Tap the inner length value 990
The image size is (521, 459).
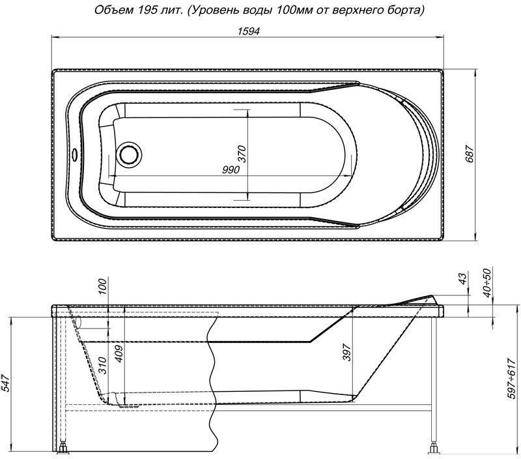pyautogui.click(x=231, y=170)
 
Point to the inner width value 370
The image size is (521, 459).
pyautogui.click(x=242, y=153)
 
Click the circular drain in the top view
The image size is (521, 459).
pyautogui.click(x=128, y=155)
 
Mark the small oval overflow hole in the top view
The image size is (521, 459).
pyautogui.click(x=76, y=155)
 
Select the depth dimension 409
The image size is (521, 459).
pyautogui.click(x=118, y=352)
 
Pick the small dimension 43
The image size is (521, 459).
pyautogui.click(x=463, y=278)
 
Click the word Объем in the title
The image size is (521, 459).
pyautogui.click(x=110, y=10)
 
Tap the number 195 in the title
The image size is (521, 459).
pyautogui.click(x=144, y=10)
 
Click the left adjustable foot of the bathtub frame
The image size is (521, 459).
pyautogui.click(x=64, y=449)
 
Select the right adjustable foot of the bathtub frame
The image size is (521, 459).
pyautogui.click(x=434, y=449)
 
